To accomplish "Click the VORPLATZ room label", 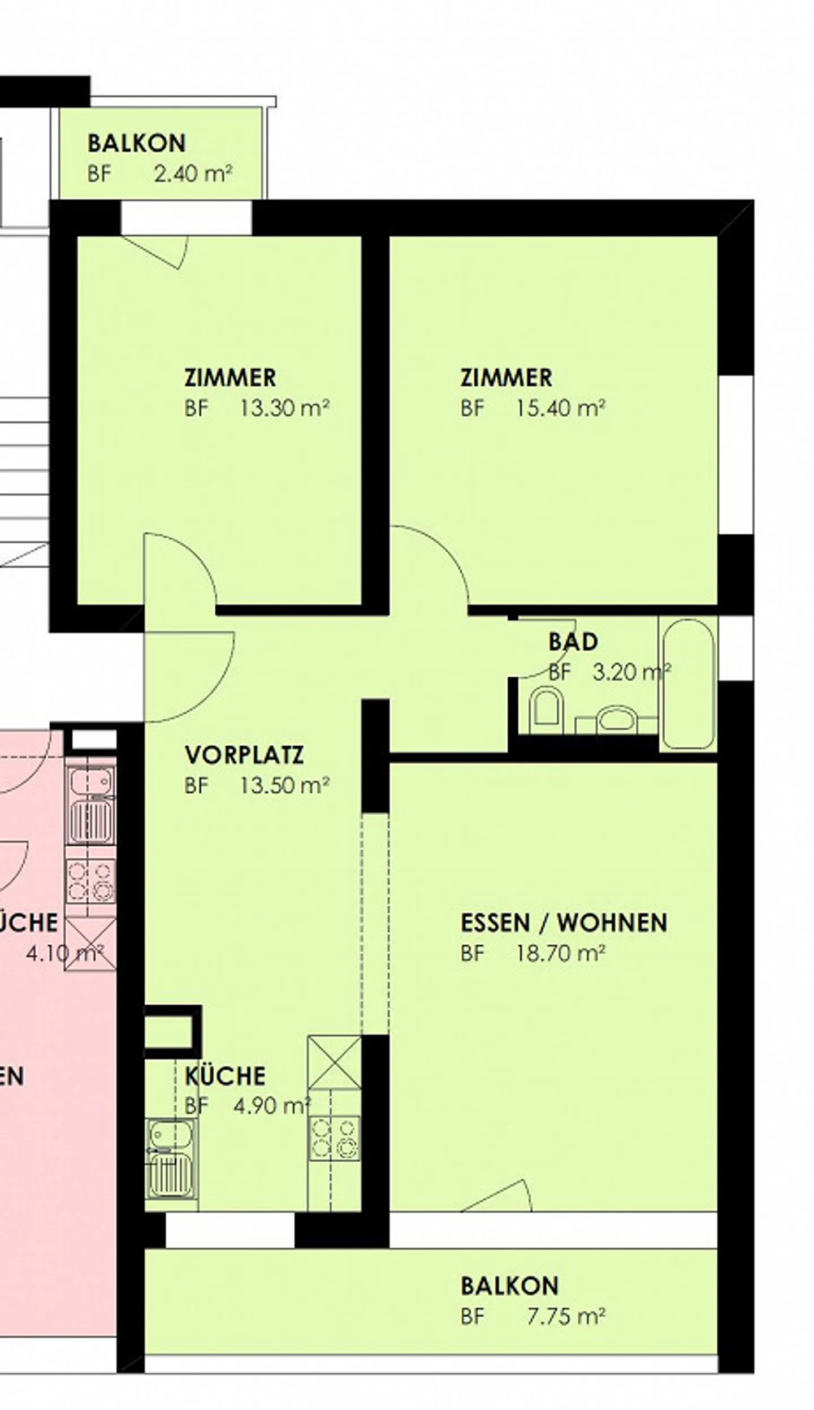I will click(244, 755).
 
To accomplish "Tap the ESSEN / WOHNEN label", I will click(564, 923).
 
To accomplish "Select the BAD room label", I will click(573, 642).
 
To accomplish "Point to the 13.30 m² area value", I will click(284, 408).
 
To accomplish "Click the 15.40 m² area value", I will click(560, 408).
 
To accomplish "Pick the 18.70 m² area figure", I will click(560, 954).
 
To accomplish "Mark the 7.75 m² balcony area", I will click(566, 1301).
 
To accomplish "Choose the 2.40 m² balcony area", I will click(193, 174).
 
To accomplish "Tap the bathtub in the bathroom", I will click(688, 684).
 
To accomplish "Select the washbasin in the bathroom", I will click(616, 720).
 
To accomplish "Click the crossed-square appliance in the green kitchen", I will click(335, 1062).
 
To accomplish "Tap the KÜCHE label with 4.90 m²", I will click(225, 1076).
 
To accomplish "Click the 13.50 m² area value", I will click(284, 786).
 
